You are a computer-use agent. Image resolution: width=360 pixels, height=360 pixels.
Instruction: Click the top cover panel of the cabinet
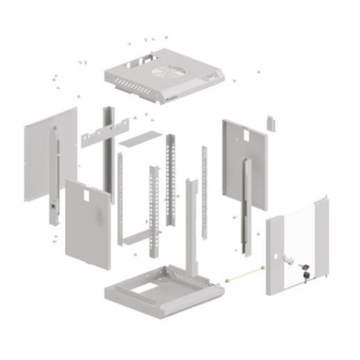point(190,72)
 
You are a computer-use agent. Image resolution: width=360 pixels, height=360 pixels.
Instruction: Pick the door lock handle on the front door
point(287,258)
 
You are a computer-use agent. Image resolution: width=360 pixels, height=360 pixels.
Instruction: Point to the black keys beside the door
point(305,270)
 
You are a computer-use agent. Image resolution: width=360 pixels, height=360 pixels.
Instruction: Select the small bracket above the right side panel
point(269,122)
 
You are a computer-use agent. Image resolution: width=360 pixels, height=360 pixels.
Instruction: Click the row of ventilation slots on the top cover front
point(137,86)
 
